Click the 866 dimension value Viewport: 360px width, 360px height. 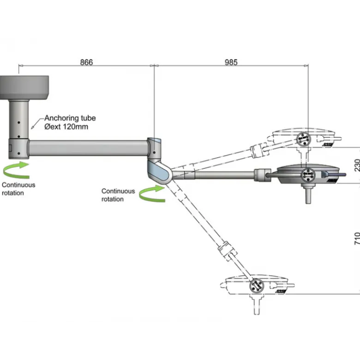(x=86, y=62)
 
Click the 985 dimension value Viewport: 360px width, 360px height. (x=231, y=62)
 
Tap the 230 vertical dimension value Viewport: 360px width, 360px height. (x=357, y=165)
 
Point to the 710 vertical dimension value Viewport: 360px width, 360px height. (x=357, y=239)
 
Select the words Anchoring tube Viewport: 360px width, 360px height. (x=70, y=118)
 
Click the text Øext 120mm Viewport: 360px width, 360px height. (x=66, y=127)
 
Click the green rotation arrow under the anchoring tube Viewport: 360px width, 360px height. (x=17, y=170)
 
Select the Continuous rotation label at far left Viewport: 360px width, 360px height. (x=18, y=189)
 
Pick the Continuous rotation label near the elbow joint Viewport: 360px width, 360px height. (x=118, y=195)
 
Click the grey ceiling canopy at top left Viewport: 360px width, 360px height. (x=24, y=88)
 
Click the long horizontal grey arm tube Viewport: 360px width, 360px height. (x=88, y=148)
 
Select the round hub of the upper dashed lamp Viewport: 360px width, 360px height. (x=303, y=139)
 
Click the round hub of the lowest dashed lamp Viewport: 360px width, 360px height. (x=257, y=286)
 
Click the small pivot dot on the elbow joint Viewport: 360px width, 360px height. (x=154, y=152)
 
